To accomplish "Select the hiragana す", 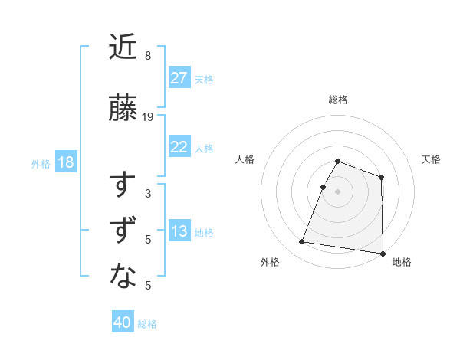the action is (x=123, y=187).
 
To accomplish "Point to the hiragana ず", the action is (x=123, y=232).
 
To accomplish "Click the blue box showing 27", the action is (x=179, y=78).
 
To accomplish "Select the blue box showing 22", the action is (x=179, y=148).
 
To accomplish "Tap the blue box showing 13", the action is (x=179, y=232).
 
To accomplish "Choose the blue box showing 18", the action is (x=65, y=163).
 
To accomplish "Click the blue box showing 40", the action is (x=123, y=322).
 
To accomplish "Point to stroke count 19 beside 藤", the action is (x=148, y=117).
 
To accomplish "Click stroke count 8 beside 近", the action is (x=148, y=56).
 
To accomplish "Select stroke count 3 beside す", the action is (x=148, y=194).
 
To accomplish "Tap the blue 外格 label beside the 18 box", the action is (x=41, y=164).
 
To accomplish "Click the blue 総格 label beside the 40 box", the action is (x=147, y=323).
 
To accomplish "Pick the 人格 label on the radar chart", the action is (x=245, y=159).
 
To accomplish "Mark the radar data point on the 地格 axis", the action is (x=382, y=253).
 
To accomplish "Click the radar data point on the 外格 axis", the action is (x=301, y=242).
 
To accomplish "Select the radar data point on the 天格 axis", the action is (x=381, y=178).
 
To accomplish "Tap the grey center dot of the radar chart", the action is (x=337, y=191).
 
